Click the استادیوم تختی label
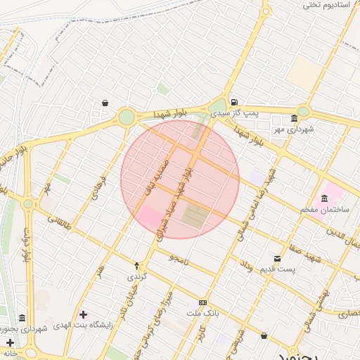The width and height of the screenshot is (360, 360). click(x=326, y=5)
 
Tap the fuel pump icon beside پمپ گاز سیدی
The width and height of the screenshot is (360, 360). click(x=233, y=102)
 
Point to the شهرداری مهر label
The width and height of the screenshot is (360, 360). click(x=293, y=129)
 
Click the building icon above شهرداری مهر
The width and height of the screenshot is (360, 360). click(x=294, y=118)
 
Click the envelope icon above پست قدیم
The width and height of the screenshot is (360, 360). click(x=277, y=258)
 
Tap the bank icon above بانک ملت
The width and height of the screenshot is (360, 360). click(x=203, y=302)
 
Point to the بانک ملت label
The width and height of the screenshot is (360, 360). click(x=203, y=313)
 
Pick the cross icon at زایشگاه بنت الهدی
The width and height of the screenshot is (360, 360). click(x=84, y=314)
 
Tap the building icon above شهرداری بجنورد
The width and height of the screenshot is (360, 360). click(x=22, y=318)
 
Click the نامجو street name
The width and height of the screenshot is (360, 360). click(x=178, y=258)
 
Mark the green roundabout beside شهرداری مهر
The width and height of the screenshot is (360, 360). click(x=303, y=111)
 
